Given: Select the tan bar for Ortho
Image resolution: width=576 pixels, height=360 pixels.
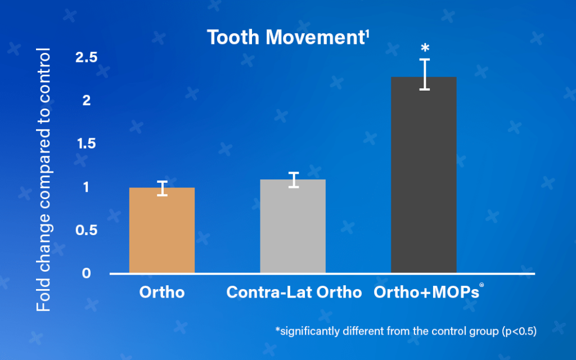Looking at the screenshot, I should [x=162, y=231].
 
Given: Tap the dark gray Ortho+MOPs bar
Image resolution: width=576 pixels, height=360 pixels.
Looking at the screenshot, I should [x=424, y=175].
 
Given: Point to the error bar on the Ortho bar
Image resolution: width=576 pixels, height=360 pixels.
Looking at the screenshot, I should [x=162, y=188].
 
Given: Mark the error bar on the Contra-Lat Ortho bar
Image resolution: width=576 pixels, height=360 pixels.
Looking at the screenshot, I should [x=293, y=180].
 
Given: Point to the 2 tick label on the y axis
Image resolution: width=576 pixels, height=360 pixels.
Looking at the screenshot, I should [x=86, y=101].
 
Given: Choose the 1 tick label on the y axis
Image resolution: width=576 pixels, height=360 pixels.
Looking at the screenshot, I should [x=86, y=187].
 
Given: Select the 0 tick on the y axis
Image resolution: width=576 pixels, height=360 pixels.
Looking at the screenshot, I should [x=86, y=273].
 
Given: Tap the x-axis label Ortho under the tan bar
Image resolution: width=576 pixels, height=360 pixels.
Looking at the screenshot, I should [x=162, y=292].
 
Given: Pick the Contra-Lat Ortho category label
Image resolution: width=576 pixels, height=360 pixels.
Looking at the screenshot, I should [x=294, y=292].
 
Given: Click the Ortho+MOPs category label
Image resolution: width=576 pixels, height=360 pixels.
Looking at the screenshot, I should [x=426, y=292].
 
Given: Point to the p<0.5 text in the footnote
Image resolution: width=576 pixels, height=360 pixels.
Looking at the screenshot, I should [x=517, y=331].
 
